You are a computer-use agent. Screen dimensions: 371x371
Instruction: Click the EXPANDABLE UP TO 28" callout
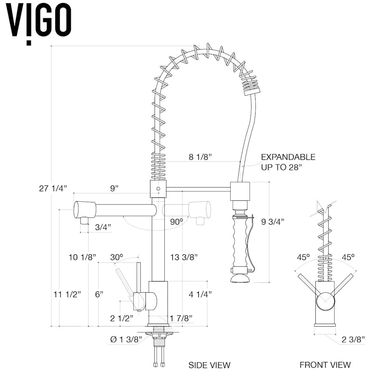(x=288, y=162)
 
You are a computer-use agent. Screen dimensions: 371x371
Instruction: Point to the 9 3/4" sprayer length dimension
(x=273, y=221)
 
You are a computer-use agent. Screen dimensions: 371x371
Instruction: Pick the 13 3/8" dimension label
(x=184, y=257)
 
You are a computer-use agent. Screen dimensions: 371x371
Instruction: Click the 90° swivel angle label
(x=176, y=221)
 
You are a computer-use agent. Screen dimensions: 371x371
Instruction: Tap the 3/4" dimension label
(x=103, y=227)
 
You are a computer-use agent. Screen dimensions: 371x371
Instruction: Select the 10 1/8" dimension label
(x=82, y=257)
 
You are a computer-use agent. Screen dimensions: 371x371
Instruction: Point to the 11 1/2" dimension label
(x=67, y=294)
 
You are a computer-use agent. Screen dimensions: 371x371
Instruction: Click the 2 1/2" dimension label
(x=122, y=318)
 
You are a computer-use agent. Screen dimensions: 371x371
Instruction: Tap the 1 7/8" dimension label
(x=181, y=318)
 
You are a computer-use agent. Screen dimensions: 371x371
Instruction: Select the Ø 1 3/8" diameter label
(x=126, y=339)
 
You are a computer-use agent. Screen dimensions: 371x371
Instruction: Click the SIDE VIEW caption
(x=209, y=365)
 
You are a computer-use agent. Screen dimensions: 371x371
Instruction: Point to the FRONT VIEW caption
(x=325, y=365)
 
